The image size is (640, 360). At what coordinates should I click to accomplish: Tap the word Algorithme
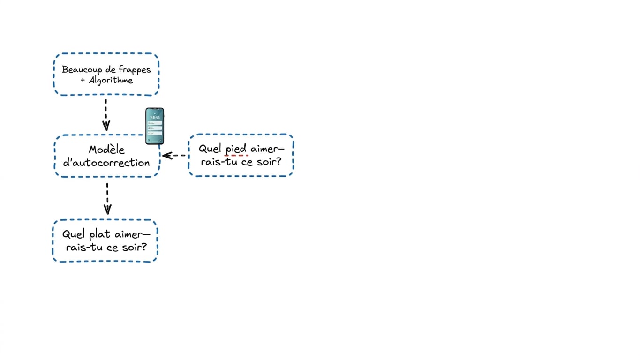(111, 80)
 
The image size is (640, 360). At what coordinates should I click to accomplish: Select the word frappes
(135, 70)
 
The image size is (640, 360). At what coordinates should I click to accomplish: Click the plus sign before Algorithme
(83, 80)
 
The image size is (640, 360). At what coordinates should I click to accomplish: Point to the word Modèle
(106, 150)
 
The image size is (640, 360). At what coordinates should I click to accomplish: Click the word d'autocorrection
(106, 163)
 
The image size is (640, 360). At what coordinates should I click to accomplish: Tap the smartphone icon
(155, 126)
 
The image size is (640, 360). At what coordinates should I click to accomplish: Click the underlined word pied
(236, 149)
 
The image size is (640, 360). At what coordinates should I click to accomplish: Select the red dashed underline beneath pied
(236, 156)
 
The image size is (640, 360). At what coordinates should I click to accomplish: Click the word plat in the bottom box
(100, 234)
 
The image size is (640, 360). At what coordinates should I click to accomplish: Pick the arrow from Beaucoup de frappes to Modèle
(106, 115)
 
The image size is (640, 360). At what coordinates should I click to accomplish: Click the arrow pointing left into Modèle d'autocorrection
(173, 156)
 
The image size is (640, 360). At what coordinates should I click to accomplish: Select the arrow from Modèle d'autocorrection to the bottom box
(107, 199)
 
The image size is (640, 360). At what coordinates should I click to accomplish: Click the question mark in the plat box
(144, 247)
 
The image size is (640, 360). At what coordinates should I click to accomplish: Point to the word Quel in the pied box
(210, 149)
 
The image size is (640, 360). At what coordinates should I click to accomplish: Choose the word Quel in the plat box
(74, 234)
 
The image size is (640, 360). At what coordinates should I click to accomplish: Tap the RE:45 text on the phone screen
(155, 118)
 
